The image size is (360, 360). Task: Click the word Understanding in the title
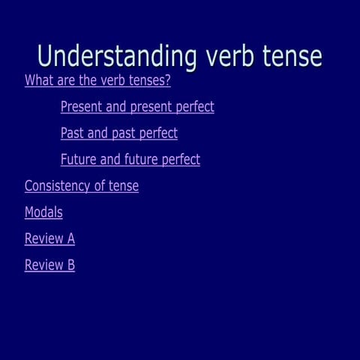coord(115,56)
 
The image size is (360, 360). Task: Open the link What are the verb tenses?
coord(97,81)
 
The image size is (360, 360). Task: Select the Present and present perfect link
coord(137,107)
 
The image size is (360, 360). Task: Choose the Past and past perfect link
coord(118,133)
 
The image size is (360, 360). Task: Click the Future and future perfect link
coord(130,160)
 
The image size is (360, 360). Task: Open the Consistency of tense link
coord(81,186)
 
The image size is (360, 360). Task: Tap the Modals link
coord(43,212)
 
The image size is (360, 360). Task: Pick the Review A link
coord(49,239)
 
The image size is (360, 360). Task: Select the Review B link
coord(49,265)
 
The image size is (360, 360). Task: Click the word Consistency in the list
coord(59,186)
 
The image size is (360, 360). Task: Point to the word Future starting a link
coord(78,160)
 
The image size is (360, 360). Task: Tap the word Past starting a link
coord(72,133)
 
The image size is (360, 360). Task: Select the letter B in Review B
coord(70,265)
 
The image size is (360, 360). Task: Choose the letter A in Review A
coord(70,239)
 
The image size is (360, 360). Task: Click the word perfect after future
coord(181,160)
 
